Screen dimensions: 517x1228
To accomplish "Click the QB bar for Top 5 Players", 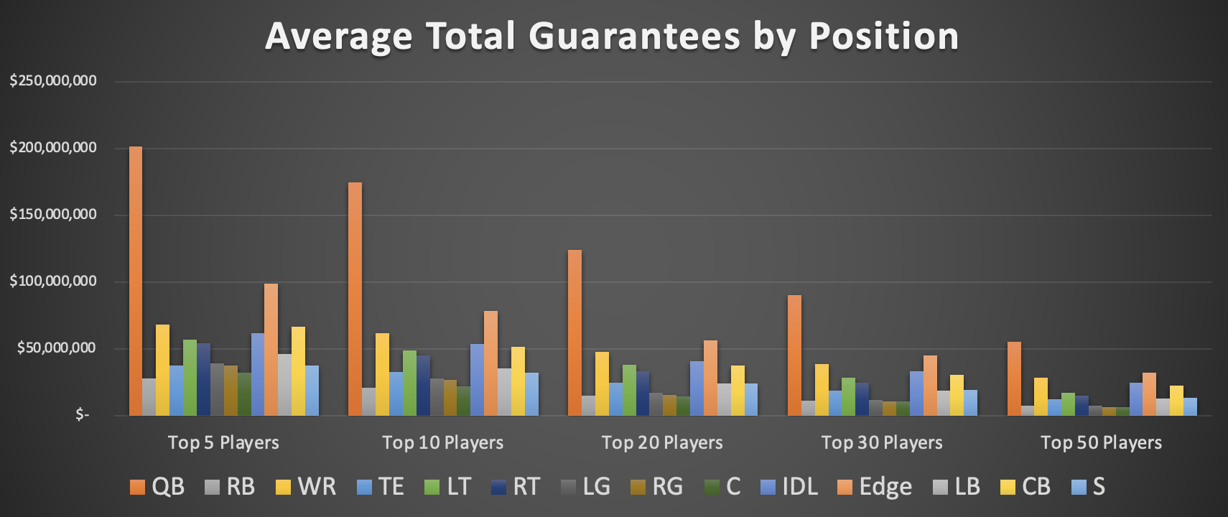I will [136, 281].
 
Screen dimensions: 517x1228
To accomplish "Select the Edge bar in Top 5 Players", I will [271, 350].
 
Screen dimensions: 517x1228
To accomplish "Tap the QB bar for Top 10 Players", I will [355, 299].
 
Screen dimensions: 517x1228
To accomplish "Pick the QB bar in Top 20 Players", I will [575, 332].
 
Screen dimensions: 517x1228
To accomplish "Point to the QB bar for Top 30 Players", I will [794, 355].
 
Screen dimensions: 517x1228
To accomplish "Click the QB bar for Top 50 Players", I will [1014, 378].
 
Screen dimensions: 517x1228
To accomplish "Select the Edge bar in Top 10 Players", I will [490, 363].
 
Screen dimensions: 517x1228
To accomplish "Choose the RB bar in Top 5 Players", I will [149, 397].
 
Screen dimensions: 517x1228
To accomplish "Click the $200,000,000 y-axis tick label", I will [53, 148].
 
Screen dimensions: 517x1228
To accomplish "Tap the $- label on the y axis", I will [83, 415].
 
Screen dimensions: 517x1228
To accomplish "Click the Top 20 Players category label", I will [662, 442].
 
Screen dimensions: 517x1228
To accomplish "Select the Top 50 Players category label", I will [1101, 442].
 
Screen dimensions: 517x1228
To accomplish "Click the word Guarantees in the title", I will [635, 36].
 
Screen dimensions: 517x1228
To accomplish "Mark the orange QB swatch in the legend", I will [137, 488].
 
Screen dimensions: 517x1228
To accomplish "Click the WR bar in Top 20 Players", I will [602, 383].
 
